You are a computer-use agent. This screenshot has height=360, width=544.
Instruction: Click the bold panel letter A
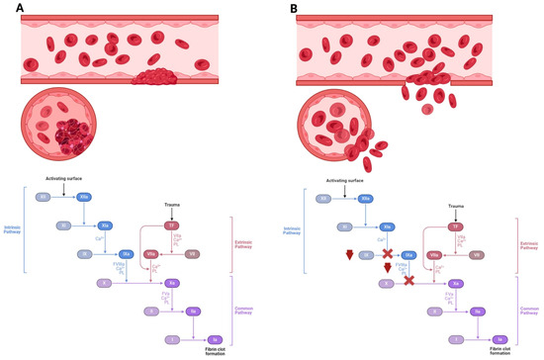[7, 8]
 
